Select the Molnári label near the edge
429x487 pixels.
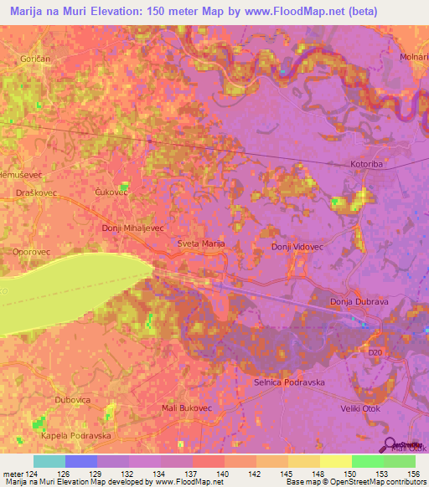click(x=413, y=56)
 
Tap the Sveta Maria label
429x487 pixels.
click(x=201, y=243)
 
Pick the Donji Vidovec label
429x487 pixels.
click(x=297, y=248)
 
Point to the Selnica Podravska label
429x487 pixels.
click(x=288, y=382)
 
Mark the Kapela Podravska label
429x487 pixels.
click(x=75, y=436)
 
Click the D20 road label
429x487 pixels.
click(x=375, y=353)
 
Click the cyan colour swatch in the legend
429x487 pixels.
click(x=49, y=461)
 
